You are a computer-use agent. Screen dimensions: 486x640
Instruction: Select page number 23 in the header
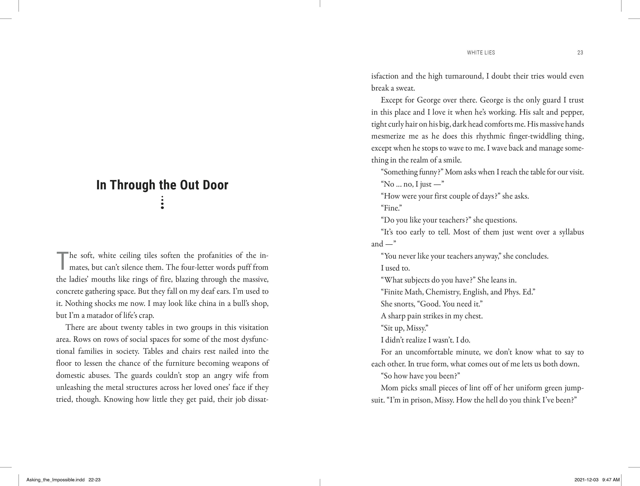(580, 53)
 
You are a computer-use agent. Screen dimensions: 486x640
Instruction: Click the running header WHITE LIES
(481, 53)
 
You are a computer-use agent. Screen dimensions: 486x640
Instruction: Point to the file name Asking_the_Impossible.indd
(55, 480)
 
